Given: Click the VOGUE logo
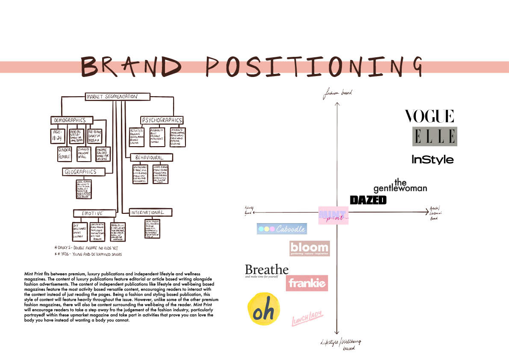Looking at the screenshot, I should pos(429,116).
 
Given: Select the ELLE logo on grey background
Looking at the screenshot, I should pos(434,136).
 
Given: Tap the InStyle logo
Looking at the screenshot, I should pos(433,159).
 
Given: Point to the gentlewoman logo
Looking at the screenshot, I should pos(400,185).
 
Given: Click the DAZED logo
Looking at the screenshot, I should pos(368,200).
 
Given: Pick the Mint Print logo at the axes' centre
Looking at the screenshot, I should pos(333,215).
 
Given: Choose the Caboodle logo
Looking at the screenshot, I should pos(282,229).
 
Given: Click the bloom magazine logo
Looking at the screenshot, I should pos(309,248).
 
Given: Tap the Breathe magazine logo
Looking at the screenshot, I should pos(267,271).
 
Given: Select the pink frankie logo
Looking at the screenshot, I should pos(307,283).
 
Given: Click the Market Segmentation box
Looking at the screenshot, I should pos(117,97).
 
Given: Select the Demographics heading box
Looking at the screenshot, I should pos(71,120).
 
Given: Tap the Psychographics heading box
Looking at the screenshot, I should pos(162,120).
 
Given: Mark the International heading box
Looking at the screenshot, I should pos(147,212).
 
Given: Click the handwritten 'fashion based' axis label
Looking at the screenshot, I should pos(337,93).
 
